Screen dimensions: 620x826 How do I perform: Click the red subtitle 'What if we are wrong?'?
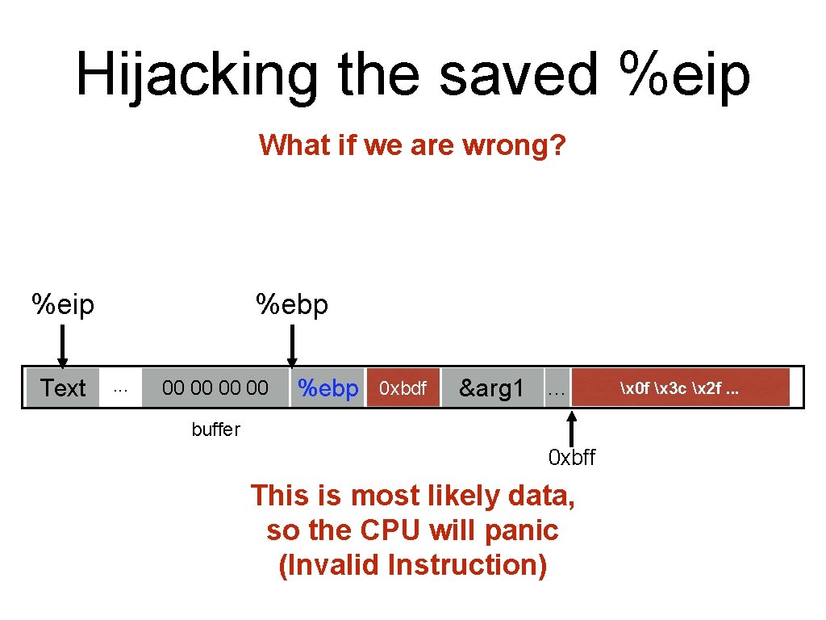[x=412, y=146]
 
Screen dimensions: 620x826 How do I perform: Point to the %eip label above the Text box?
[x=62, y=305]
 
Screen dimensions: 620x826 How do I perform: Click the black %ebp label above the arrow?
[x=292, y=305]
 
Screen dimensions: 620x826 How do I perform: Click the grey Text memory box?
[x=63, y=388]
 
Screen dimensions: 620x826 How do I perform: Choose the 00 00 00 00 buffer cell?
[x=215, y=388]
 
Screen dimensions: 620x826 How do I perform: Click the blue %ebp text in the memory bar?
[x=327, y=388]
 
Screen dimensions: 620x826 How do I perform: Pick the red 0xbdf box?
[x=403, y=388]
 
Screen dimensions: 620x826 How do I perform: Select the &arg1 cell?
[x=491, y=388]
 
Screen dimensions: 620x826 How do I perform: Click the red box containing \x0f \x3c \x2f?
[x=679, y=387]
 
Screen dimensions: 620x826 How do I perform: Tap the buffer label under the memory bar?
[x=215, y=429]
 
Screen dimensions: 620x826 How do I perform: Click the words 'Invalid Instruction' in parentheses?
[x=412, y=565]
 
